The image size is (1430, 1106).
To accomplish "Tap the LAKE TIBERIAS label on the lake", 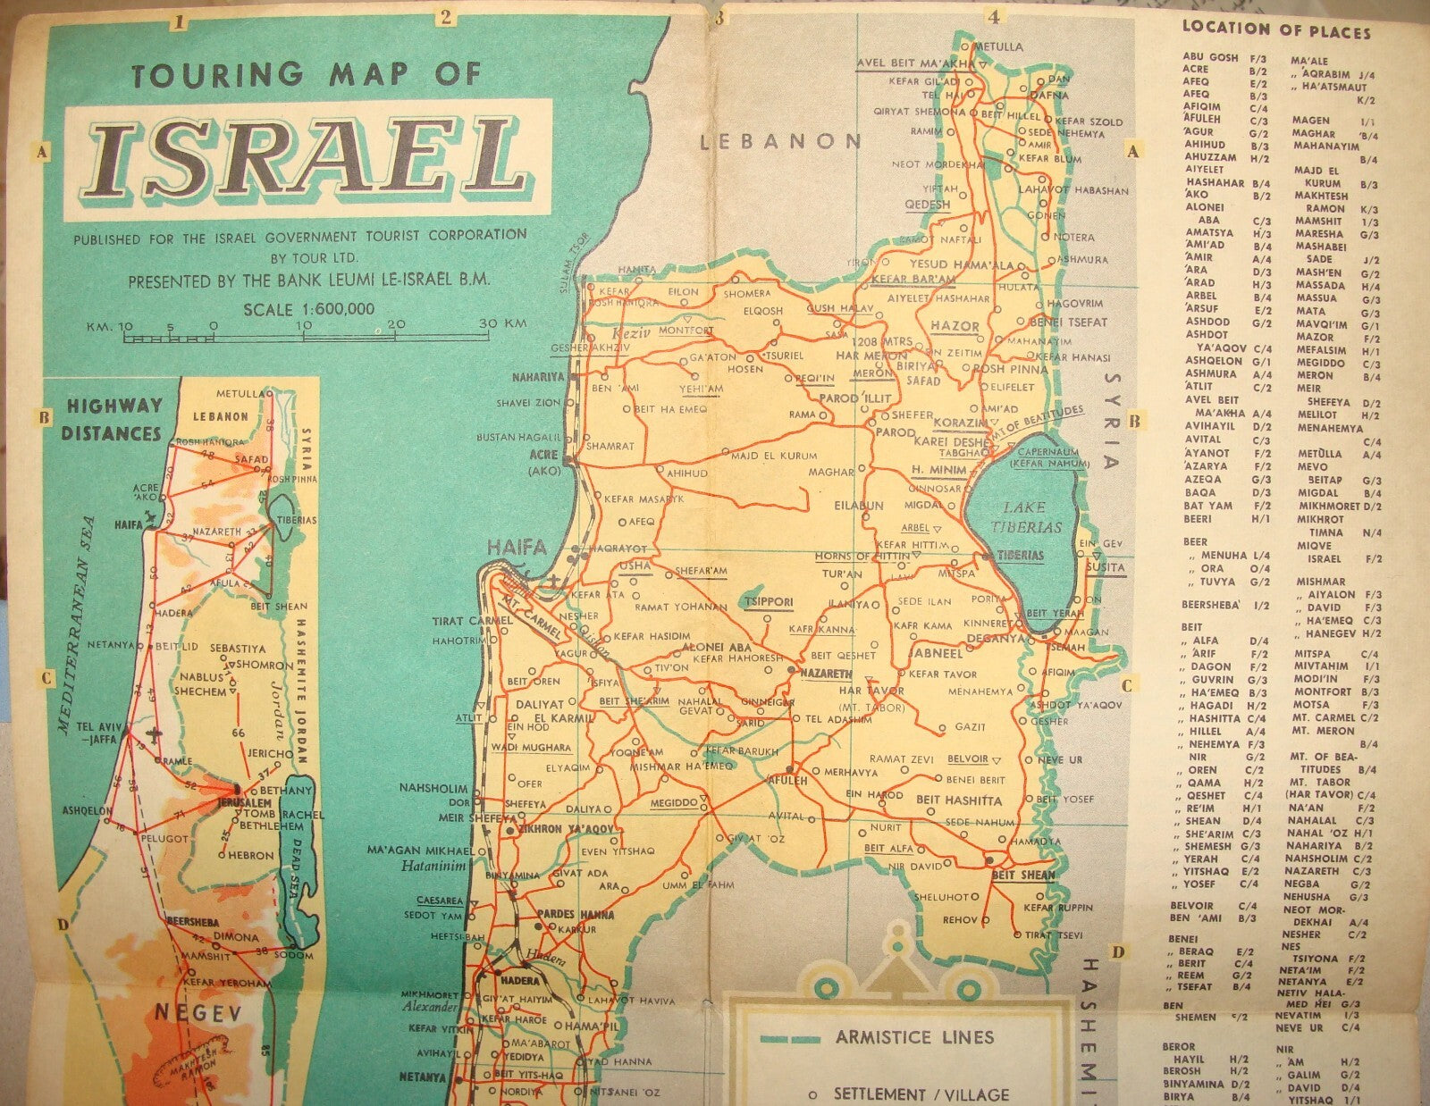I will tap(1019, 517).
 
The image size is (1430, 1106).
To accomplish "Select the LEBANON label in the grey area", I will tap(780, 141).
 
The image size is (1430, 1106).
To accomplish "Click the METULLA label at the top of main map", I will tap(998, 46).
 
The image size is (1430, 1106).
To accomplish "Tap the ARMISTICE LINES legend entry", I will tap(902, 1038).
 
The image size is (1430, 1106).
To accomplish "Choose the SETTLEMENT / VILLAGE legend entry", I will tap(921, 1094).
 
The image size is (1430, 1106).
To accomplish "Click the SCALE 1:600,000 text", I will tap(308, 309).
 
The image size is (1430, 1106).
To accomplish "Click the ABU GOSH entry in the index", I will tap(1210, 56).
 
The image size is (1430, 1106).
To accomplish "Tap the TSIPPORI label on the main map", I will tap(769, 602).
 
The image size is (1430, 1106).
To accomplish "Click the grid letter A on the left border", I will tap(40, 153).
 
